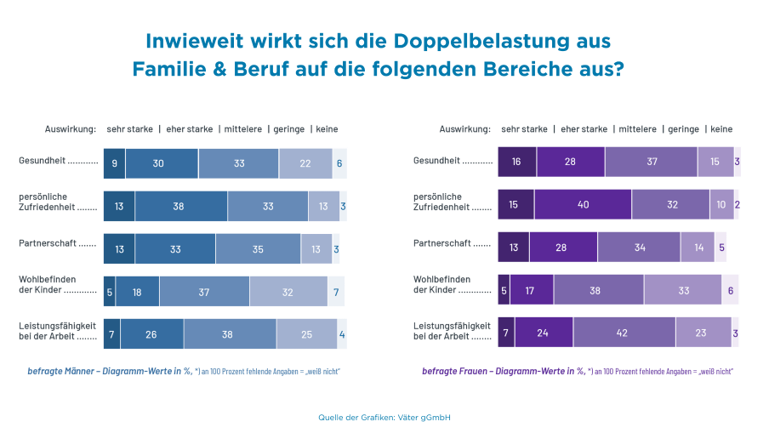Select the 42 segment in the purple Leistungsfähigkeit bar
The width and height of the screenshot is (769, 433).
click(624, 333)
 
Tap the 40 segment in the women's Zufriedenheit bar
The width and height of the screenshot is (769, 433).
click(583, 205)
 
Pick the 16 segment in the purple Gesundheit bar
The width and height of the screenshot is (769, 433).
click(516, 162)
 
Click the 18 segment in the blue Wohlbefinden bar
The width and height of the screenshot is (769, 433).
click(136, 291)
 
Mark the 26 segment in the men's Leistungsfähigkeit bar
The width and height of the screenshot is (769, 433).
click(151, 334)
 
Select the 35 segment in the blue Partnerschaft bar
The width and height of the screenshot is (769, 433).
click(258, 249)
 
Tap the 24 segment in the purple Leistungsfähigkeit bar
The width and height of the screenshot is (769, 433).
click(543, 333)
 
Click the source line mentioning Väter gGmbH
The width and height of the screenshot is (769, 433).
click(384, 417)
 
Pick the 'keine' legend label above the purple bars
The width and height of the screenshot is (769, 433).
click(721, 129)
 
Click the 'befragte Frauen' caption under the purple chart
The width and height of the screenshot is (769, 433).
click(456, 372)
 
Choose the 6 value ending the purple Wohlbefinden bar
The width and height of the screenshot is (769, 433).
click(731, 290)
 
